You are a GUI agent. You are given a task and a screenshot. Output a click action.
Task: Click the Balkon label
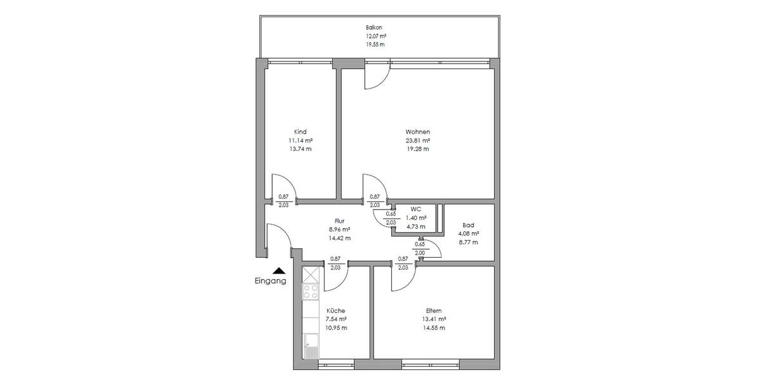(x=374, y=28)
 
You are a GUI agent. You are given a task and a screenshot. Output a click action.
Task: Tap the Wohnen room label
(x=418, y=132)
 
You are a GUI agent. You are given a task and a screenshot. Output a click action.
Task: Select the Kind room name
(x=300, y=132)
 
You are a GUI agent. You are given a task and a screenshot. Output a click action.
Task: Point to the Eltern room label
(x=434, y=310)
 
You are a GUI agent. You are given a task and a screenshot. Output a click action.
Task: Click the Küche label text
(x=335, y=310)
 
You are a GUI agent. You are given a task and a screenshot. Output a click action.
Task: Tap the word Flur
(x=339, y=221)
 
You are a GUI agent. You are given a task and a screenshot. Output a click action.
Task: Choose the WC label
(x=416, y=208)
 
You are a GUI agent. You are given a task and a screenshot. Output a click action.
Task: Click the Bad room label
(x=469, y=225)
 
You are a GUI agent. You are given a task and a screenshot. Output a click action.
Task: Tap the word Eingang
(x=270, y=281)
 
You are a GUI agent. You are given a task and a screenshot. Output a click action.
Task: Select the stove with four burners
(x=311, y=291)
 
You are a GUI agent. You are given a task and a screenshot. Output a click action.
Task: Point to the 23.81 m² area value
(x=418, y=141)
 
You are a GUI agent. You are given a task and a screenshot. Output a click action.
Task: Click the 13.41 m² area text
(x=434, y=319)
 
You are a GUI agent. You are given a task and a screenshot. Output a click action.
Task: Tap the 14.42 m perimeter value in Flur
(x=339, y=238)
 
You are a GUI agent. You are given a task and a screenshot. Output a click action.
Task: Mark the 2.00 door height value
(x=420, y=252)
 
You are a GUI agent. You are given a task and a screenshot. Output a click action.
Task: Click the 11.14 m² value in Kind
(x=300, y=141)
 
